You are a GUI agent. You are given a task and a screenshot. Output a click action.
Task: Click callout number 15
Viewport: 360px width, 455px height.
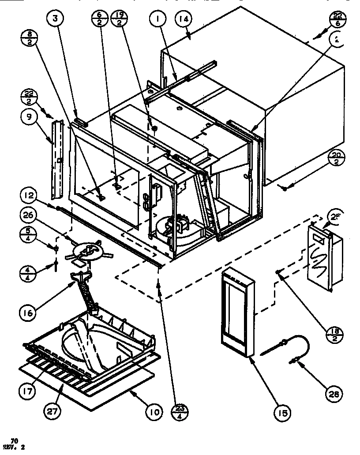[281, 414]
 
